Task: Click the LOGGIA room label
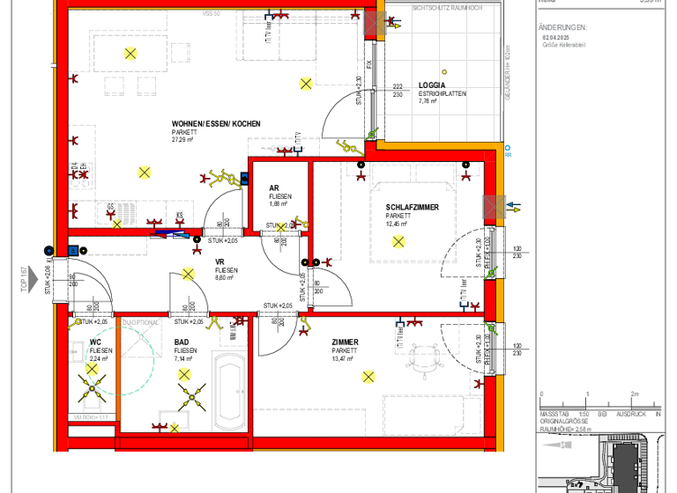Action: click(432, 85)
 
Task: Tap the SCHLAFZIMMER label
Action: click(412, 208)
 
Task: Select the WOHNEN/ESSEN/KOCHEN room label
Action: click(216, 124)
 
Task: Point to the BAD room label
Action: click(182, 342)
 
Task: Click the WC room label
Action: click(95, 342)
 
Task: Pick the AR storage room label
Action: click(273, 187)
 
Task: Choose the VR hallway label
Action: click(220, 261)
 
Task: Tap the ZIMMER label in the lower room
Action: click(345, 342)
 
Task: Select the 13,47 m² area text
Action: click(345, 358)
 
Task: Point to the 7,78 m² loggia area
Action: click(428, 101)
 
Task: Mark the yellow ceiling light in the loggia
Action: click(446, 73)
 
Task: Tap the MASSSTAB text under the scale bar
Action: click(554, 413)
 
